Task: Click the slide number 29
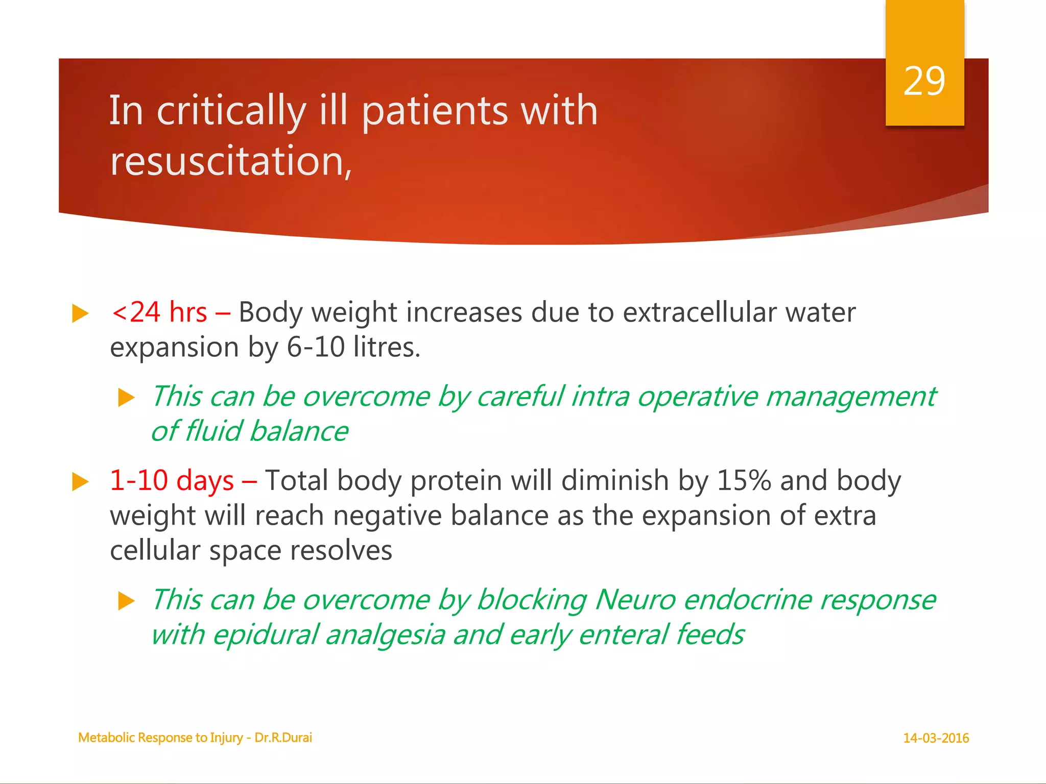point(924,81)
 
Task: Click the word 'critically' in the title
point(231,111)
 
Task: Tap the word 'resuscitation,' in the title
point(231,161)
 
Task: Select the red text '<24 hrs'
point(159,312)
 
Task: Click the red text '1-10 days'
point(172,481)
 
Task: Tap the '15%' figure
point(744,481)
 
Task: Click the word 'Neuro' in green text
point(635,600)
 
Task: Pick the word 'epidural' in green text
point(265,635)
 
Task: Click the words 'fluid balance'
point(266,431)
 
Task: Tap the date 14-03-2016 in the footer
point(936,738)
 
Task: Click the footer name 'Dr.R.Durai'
point(283,738)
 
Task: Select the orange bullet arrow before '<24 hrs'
point(80,313)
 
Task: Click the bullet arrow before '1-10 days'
point(80,482)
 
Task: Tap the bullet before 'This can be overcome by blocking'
point(126,601)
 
